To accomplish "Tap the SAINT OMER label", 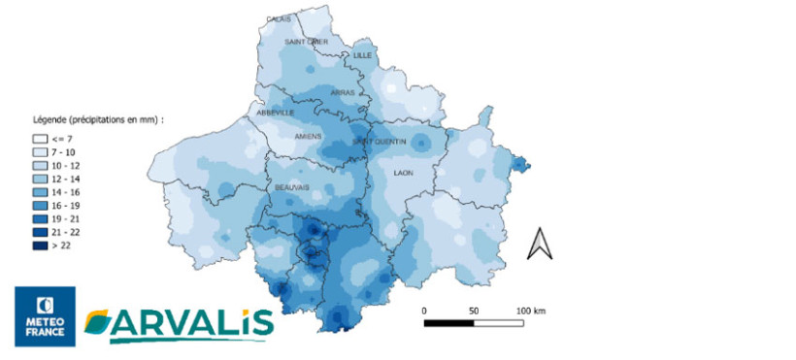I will (x=306, y=42).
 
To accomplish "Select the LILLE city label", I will (x=363, y=55).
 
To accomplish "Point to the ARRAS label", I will (x=342, y=93).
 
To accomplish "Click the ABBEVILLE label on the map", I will (x=275, y=113).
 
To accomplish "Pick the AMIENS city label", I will (x=309, y=137).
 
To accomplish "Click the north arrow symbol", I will (x=539, y=244).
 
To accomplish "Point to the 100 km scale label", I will (x=530, y=311).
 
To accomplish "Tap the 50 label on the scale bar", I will (x=474, y=311).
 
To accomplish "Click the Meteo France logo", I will (x=45, y=316).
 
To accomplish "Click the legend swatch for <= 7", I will (x=40, y=140).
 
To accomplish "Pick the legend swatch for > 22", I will (x=40, y=246).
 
